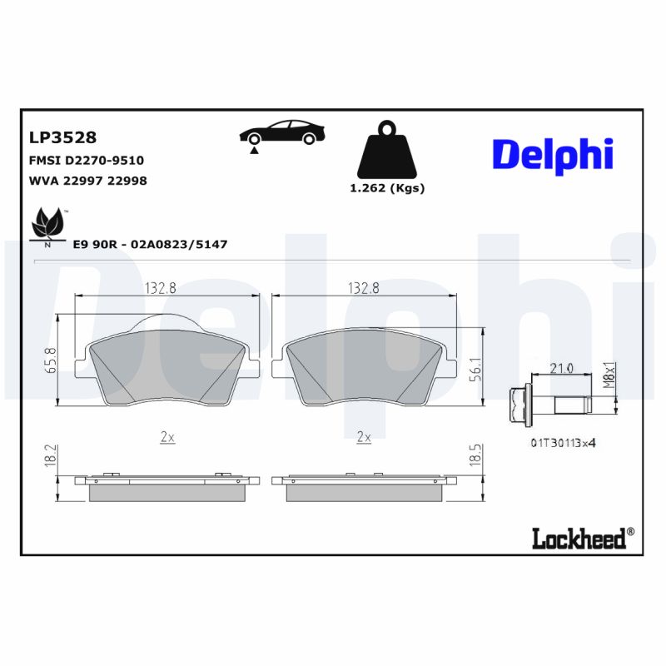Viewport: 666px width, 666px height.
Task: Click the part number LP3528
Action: click(x=62, y=137)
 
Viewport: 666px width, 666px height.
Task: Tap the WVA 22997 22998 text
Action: click(x=88, y=181)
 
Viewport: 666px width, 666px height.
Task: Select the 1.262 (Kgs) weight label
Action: click(x=387, y=188)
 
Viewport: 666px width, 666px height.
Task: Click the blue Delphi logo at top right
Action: click(x=552, y=154)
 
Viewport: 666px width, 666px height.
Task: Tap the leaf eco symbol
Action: click(x=47, y=225)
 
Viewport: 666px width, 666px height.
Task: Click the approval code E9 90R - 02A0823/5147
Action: click(x=150, y=244)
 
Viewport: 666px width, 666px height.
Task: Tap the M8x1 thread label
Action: click(x=608, y=372)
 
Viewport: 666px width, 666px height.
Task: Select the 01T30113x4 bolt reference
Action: click(x=563, y=443)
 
